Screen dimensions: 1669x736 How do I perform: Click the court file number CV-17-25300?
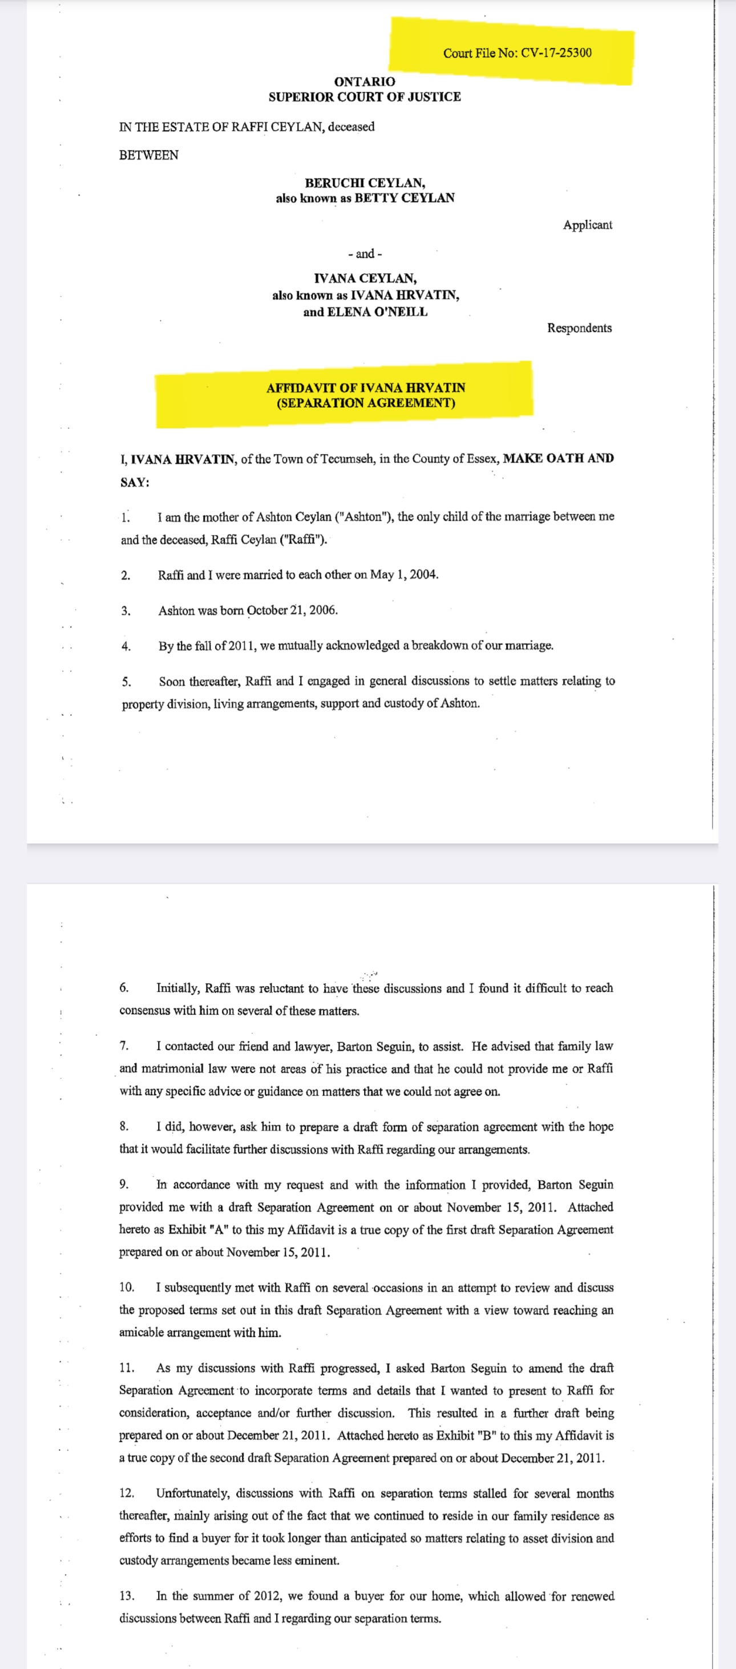[556, 52]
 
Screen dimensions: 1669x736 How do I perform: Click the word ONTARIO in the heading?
[364, 82]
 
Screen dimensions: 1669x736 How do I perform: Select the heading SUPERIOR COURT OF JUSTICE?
[364, 96]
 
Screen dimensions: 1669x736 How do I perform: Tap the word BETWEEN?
[148, 155]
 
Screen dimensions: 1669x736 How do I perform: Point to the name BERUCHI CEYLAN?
[365, 183]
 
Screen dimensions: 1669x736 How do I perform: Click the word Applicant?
[587, 225]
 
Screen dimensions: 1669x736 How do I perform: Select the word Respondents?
[579, 328]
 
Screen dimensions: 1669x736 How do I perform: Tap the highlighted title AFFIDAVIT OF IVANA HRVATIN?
[365, 387]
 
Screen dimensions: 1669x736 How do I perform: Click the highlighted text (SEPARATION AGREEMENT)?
[365, 403]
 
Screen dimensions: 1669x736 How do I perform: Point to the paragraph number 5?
[126, 682]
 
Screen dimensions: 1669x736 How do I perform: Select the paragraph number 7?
[124, 1046]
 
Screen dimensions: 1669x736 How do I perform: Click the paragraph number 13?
[126, 1595]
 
